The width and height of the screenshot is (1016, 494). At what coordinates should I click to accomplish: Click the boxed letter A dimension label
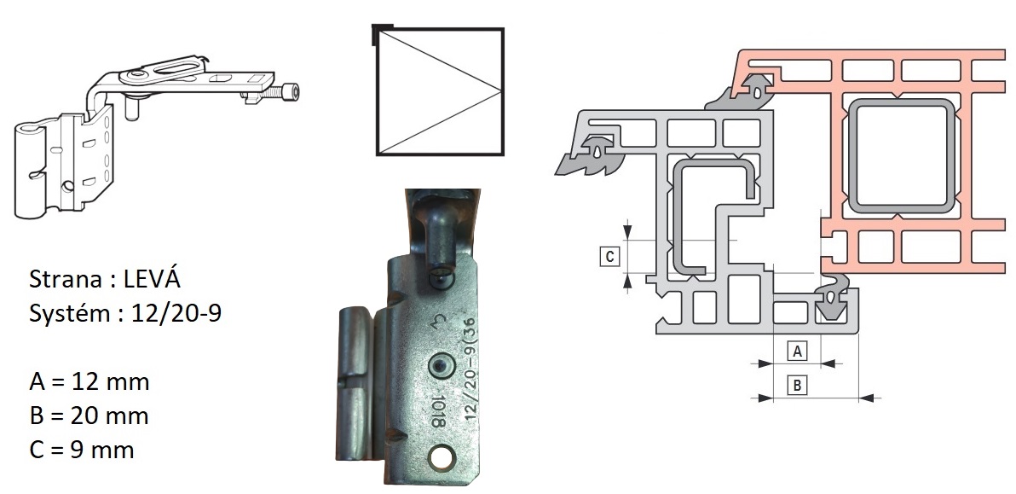coord(798,351)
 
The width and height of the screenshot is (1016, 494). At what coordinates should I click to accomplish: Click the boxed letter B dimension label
coord(798,385)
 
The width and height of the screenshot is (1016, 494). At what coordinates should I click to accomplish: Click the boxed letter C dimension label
coord(609,257)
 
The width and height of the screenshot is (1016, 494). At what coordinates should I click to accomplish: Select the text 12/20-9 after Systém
coord(176,313)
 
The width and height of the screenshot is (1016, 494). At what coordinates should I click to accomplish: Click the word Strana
coord(65,279)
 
